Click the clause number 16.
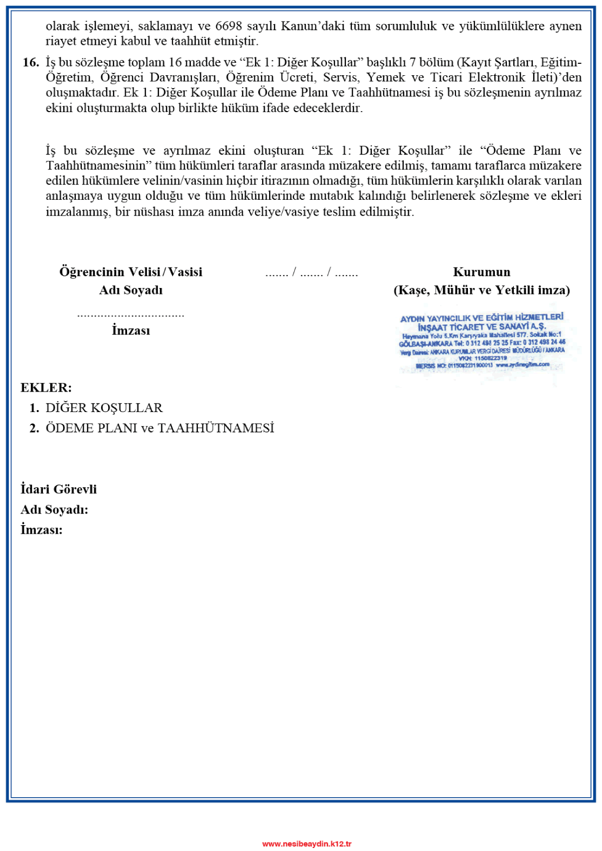tap(31, 62)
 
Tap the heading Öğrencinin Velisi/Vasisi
tap(131, 272)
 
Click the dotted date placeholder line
tap(311, 273)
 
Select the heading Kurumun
tap(481, 272)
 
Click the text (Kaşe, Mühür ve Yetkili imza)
tap(481, 290)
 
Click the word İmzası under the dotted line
tap(131, 330)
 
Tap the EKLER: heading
tap(46, 388)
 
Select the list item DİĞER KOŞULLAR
tap(104, 408)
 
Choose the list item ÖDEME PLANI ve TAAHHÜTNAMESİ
tap(160, 428)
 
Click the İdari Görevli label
tap(59, 489)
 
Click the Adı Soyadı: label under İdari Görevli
tap(54, 510)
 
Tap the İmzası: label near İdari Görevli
tap(42, 530)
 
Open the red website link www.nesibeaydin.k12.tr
tap(307, 844)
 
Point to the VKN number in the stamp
tap(482, 358)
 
